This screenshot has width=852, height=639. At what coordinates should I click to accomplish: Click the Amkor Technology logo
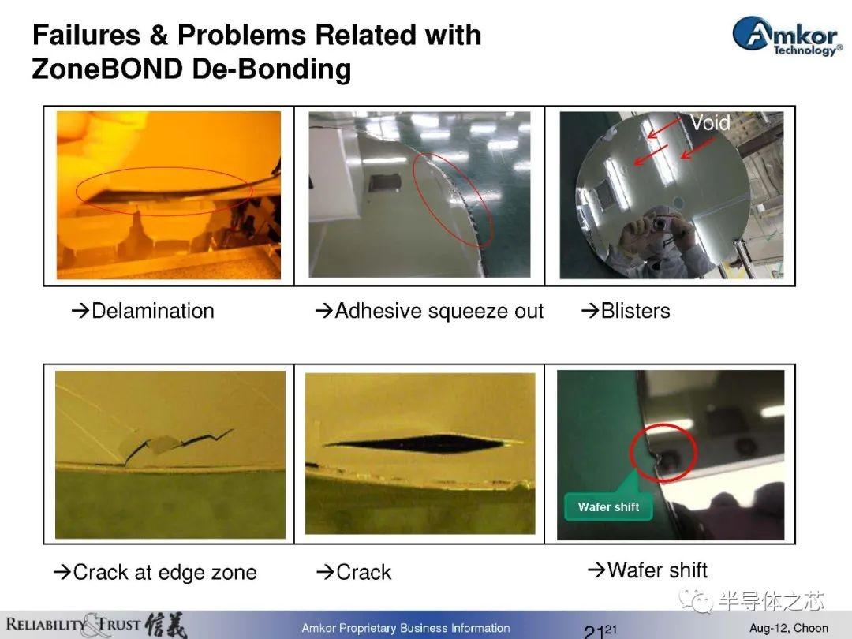(x=787, y=35)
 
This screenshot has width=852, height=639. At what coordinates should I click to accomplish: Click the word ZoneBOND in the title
(x=107, y=69)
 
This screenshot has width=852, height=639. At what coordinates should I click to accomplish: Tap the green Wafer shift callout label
(x=608, y=507)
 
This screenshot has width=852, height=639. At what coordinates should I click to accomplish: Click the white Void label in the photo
(x=710, y=123)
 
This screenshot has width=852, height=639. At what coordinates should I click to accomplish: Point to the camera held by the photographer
(x=660, y=222)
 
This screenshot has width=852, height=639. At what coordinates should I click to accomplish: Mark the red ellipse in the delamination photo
(x=164, y=167)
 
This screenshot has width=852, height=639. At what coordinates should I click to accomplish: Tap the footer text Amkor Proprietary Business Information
(x=406, y=628)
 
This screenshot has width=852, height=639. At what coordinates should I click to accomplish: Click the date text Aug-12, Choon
(x=789, y=628)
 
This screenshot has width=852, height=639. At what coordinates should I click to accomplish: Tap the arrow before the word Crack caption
(x=324, y=572)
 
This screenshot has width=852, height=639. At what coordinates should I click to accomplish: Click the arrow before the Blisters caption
(x=590, y=311)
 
